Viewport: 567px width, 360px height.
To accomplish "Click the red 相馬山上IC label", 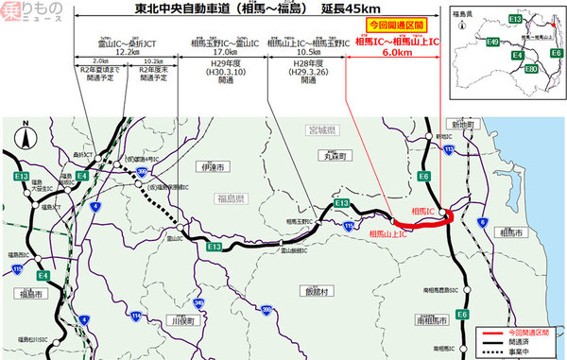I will tap(390, 233).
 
